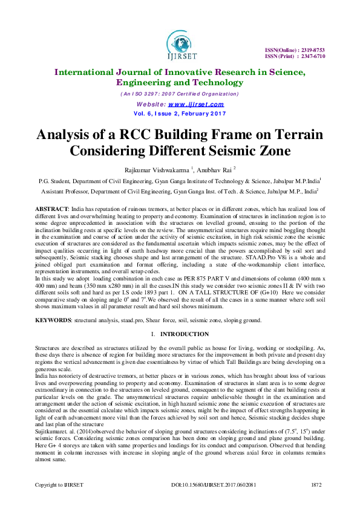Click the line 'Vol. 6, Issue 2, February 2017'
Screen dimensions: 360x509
[x=180, y=113]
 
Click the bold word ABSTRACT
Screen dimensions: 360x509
[x=52, y=207]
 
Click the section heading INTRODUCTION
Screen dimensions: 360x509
[x=184, y=334]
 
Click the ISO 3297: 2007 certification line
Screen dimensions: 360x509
[x=180, y=94]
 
